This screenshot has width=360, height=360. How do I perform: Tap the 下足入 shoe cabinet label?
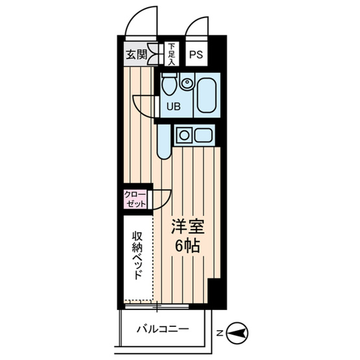(171, 54)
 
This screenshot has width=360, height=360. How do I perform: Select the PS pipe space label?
(196, 54)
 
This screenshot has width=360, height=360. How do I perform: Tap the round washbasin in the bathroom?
(187, 83)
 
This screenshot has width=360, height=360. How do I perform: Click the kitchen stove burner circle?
(184, 136)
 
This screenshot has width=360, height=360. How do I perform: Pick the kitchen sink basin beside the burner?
(202, 136)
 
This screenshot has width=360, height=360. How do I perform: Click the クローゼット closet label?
(136, 198)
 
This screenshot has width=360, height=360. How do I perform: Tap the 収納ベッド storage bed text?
(138, 254)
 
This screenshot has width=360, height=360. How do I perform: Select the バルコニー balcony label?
(163, 330)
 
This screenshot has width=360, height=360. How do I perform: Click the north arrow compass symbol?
(238, 333)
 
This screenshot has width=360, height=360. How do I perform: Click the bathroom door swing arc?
(143, 108)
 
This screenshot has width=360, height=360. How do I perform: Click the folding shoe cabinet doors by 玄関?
(154, 54)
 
